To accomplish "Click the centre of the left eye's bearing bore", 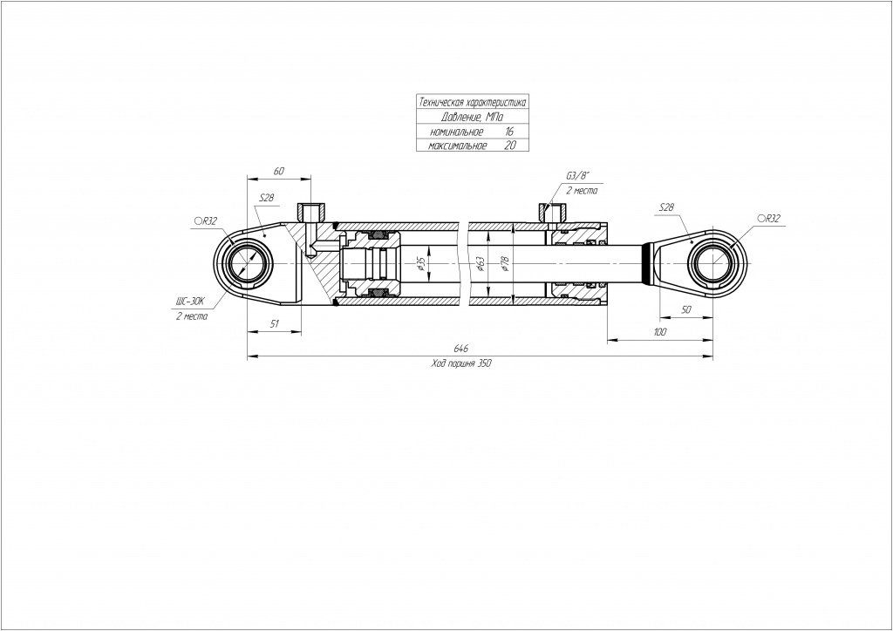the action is pyautogui.click(x=247, y=265).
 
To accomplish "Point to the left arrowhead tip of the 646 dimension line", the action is pyautogui.click(x=247, y=356).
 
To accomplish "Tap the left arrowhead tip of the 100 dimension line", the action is pyautogui.click(x=607, y=340).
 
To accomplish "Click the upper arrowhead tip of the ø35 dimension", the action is pyautogui.click(x=427, y=245).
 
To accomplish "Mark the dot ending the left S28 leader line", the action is pyautogui.click(x=264, y=234).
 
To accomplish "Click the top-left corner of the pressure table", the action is pyautogui.click(x=416, y=95).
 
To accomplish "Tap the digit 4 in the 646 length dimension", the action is pyautogui.click(x=460, y=348).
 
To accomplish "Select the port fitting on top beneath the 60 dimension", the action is pyautogui.click(x=311, y=213).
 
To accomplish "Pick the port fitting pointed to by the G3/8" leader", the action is pyautogui.click(x=551, y=213).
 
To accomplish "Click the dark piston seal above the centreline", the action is pyautogui.click(x=378, y=235).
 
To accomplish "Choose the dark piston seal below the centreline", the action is pyautogui.click(x=378, y=293).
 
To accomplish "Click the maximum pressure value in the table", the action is pyautogui.click(x=510, y=145).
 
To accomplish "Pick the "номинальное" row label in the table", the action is pyautogui.click(x=456, y=132).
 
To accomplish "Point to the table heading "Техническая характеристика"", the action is pyautogui.click(x=472, y=103).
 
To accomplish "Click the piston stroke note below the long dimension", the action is pyautogui.click(x=461, y=364).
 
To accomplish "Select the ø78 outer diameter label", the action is pyautogui.click(x=505, y=263).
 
